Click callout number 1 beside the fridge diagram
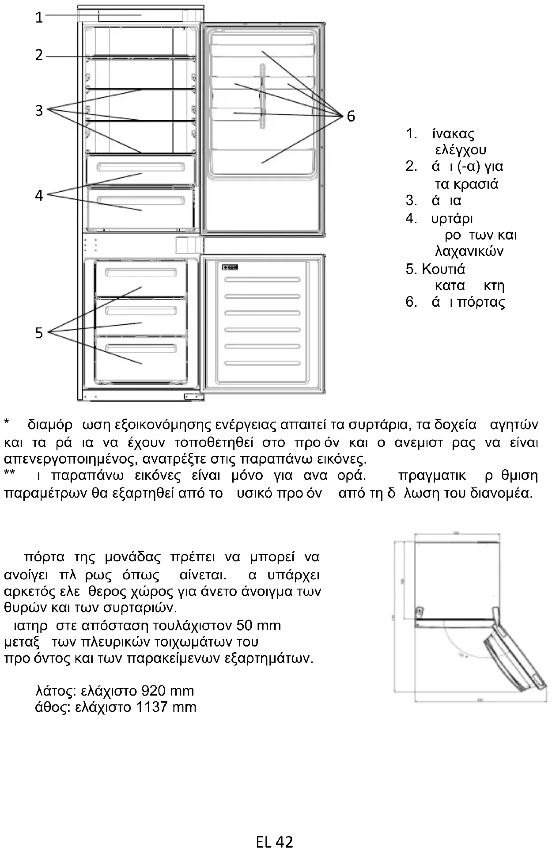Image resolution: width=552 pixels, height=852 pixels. coord(39,17)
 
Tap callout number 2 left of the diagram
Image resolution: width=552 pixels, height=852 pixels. coord(39,55)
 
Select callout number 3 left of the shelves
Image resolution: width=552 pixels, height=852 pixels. coord(39,110)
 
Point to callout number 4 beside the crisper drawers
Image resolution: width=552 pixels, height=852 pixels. coord(39,195)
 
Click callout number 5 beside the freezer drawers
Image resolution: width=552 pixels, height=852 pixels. coord(39,333)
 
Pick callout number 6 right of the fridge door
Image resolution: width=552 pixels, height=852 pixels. coord(351,116)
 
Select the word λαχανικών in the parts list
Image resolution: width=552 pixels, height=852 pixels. coord(469,251)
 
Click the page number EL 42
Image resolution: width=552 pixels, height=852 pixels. coord(274,842)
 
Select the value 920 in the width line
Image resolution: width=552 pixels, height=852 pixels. coord(154,691)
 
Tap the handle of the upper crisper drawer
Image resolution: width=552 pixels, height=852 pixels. coord(140,167)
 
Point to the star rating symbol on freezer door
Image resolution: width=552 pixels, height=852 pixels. coord(230,267)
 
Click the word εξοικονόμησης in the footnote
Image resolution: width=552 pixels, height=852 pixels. coord(163,425)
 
